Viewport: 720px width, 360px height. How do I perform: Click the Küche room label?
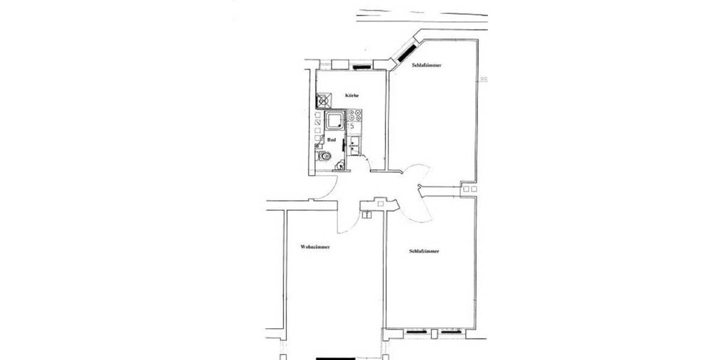pyautogui.click(x=352, y=95)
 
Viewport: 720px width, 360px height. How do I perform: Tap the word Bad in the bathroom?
pyautogui.click(x=331, y=139)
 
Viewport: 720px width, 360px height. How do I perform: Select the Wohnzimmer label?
pyautogui.click(x=315, y=247)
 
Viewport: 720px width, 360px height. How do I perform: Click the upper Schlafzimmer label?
pyautogui.click(x=427, y=65)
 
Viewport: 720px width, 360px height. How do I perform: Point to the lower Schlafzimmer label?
pyautogui.click(x=424, y=251)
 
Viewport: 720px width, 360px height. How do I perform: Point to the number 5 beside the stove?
pyautogui.click(x=353, y=126)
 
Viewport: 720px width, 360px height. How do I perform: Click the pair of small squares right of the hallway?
pyautogui.click(x=470, y=189)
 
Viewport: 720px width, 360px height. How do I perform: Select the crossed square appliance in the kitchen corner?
pyautogui.click(x=323, y=100)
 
